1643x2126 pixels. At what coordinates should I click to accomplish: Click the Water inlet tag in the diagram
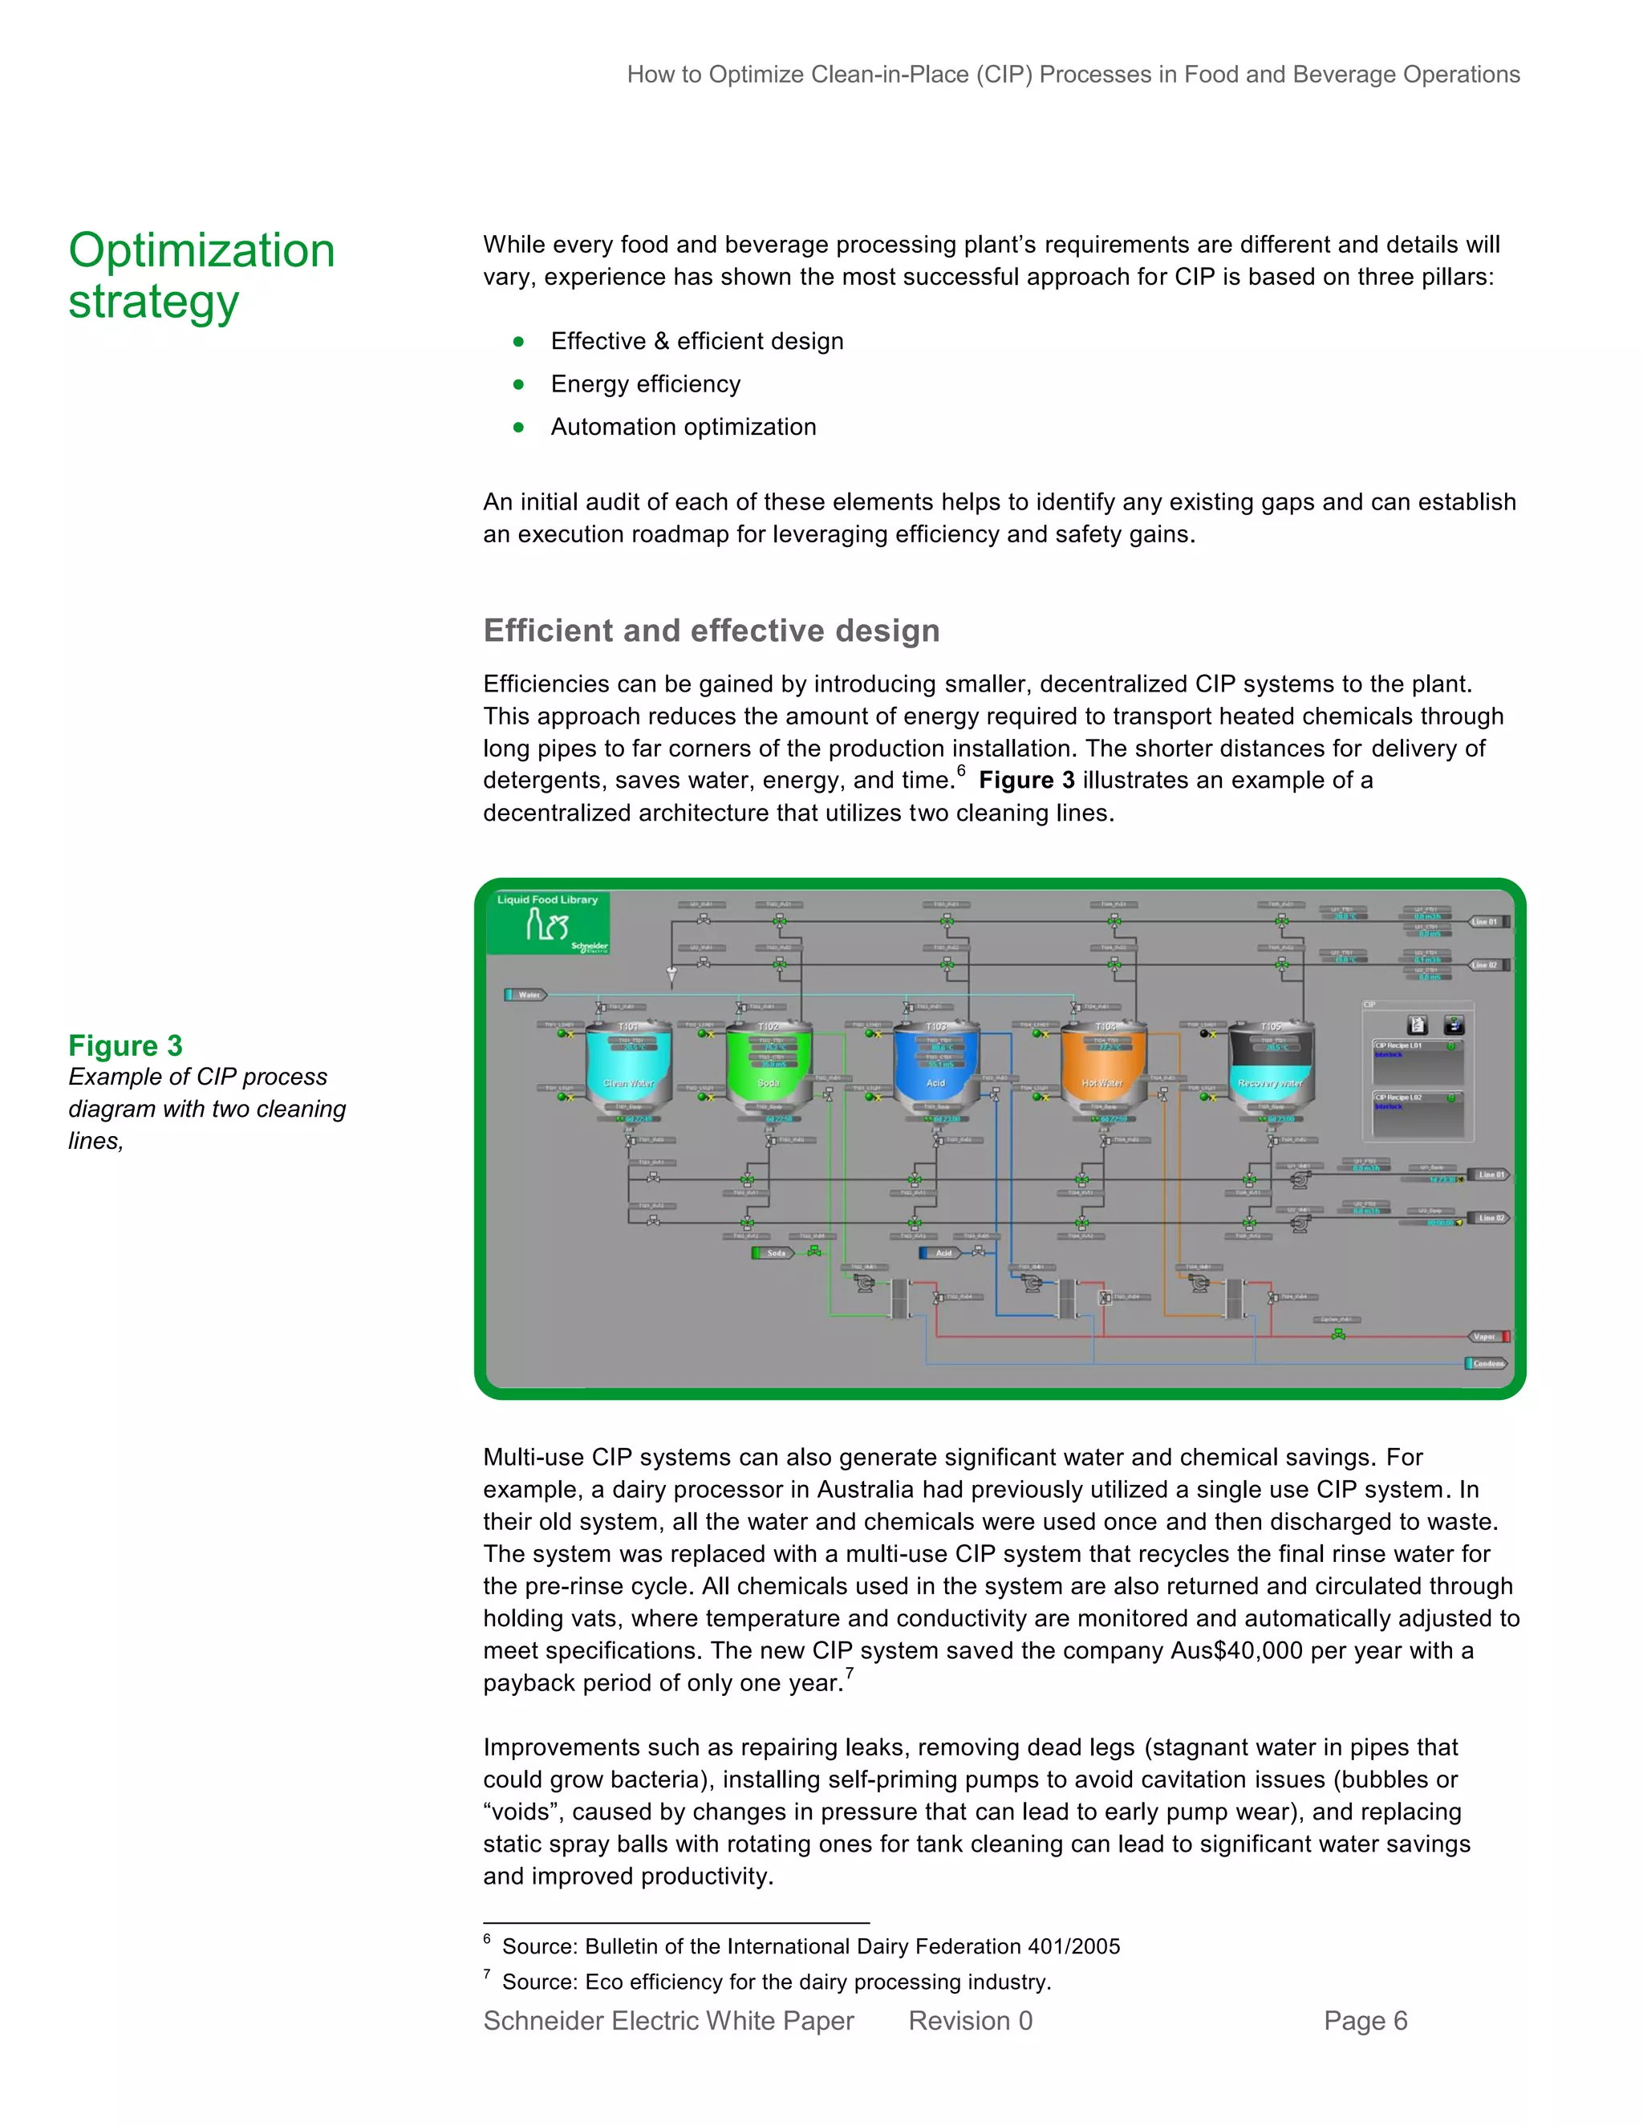click(526, 994)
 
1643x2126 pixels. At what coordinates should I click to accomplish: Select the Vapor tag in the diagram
click(1487, 1337)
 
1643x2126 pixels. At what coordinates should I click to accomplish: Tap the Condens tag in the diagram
click(1487, 1363)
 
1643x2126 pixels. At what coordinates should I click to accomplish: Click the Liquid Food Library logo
click(548, 922)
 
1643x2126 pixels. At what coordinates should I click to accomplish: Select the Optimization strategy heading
click(201, 275)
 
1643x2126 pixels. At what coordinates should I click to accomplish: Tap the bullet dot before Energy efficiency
click(519, 384)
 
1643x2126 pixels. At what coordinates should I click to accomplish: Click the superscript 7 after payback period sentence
click(849, 1674)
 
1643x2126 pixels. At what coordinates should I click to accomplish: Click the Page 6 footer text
click(1365, 2021)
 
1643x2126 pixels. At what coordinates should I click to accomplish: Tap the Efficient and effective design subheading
click(712, 631)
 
